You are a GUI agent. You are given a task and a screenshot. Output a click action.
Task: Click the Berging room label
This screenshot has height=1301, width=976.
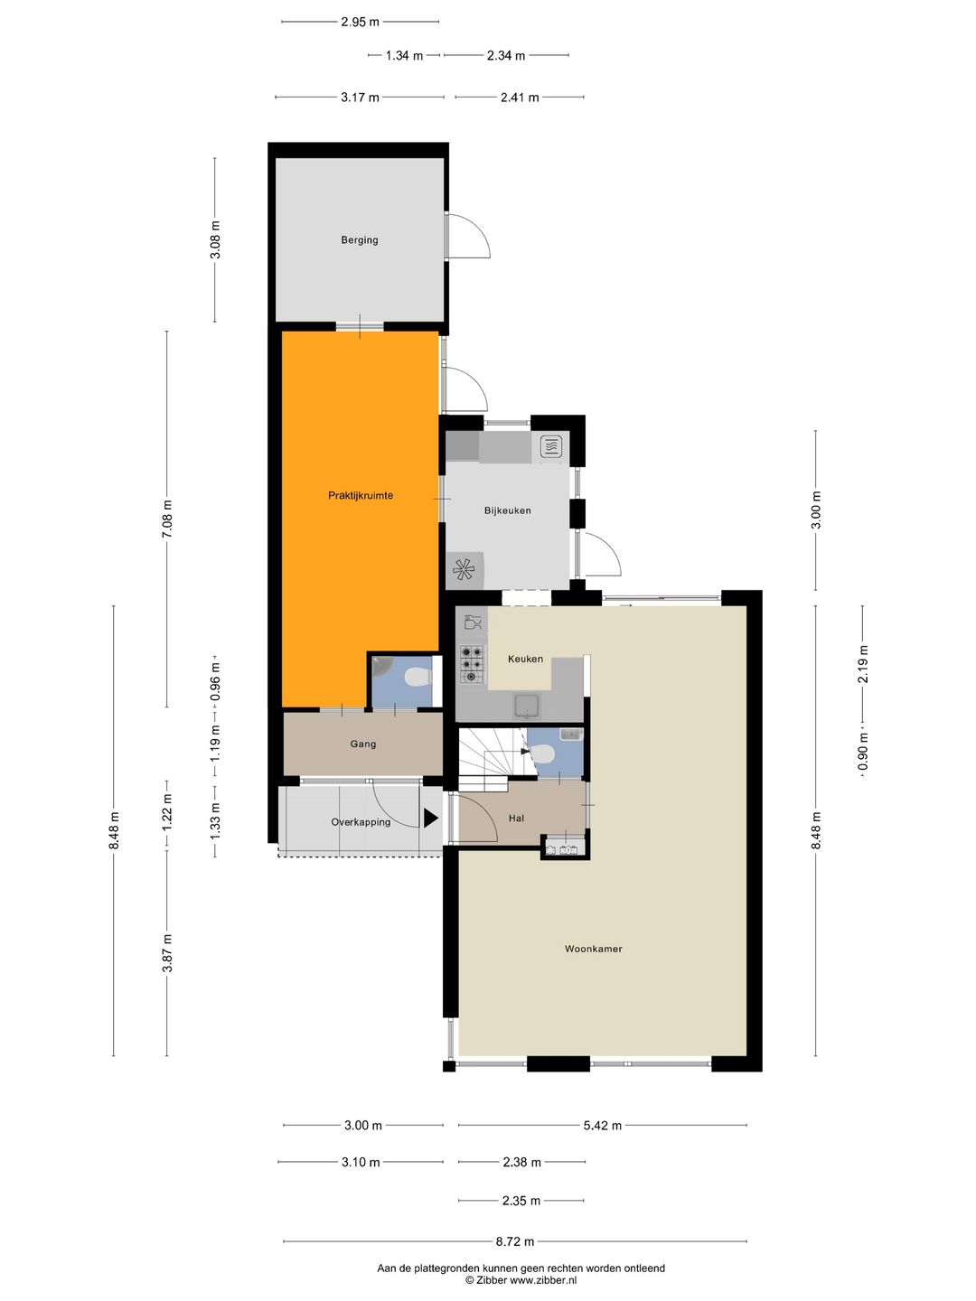pyautogui.click(x=359, y=240)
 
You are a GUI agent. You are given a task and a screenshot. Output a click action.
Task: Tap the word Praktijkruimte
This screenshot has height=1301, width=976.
pyautogui.click(x=361, y=495)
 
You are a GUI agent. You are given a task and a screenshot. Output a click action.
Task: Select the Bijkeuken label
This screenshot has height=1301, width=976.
pyautogui.click(x=507, y=510)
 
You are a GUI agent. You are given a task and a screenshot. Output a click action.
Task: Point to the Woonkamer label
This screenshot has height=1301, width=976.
pyautogui.click(x=593, y=949)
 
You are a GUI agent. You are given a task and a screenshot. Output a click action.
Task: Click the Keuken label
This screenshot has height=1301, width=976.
pyautogui.click(x=525, y=659)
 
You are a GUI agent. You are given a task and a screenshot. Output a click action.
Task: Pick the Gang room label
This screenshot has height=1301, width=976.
pyautogui.click(x=362, y=744)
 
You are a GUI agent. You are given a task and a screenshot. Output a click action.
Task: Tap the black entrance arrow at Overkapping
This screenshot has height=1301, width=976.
pyautogui.click(x=430, y=819)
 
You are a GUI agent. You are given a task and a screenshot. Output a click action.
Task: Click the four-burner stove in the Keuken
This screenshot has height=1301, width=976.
pyautogui.click(x=473, y=664)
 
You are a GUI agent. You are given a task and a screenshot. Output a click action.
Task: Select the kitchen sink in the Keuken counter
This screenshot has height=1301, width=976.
pyautogui.click(x=527, y=707)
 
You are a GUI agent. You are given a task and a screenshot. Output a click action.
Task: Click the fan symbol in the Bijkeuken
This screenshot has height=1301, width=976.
pyautogui.click(x=464, y=570)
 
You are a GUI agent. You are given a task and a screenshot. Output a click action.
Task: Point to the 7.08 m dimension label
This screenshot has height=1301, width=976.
pyautogui.click(x=167, y=519)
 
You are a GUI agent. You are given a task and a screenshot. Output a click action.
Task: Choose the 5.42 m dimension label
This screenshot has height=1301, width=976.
pyautogui.click(x=603, y=1126)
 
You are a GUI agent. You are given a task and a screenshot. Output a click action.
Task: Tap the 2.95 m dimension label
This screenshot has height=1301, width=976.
pyautogui.click(x=360, y=23)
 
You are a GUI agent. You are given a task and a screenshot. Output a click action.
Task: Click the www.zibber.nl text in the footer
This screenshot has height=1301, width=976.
pyautogui.click(x=543, y=1280)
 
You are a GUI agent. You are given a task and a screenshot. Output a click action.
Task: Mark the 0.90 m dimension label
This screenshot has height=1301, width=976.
pyautogui.click(x=863, y=753)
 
